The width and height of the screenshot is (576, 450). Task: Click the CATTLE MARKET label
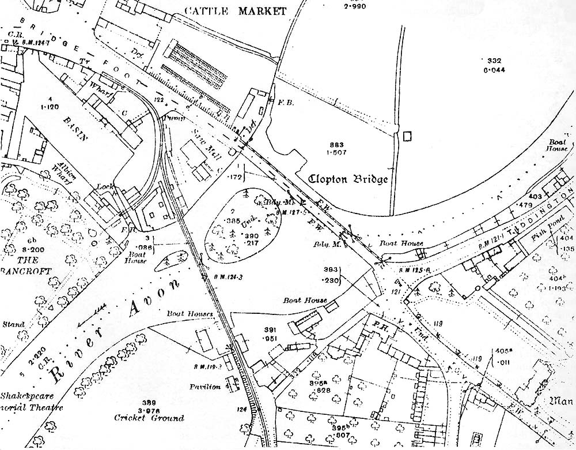tap(237, 11)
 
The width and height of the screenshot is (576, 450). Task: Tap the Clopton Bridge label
tap(348, 178)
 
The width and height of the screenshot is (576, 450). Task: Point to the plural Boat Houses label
tap(190, 314)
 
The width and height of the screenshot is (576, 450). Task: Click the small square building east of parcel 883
tap(408, 136)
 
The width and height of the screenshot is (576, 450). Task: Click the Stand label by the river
tap(13, 325)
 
